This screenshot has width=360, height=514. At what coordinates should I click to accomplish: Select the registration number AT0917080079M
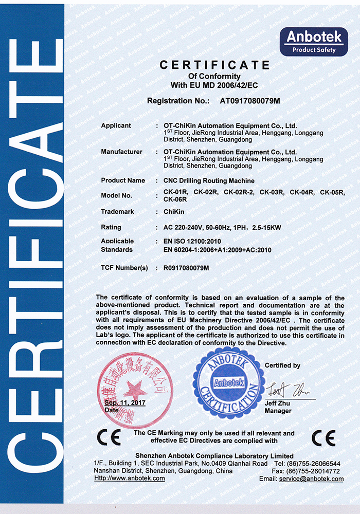[250, 101]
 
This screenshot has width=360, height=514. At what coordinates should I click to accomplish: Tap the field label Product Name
[123, 180]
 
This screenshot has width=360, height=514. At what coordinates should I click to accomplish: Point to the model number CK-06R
[174, 199]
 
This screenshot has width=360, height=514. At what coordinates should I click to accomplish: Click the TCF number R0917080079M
[186, 268]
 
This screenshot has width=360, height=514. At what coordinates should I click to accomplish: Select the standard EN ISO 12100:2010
[192, 241]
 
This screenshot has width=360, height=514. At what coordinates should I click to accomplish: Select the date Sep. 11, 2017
[125, 403]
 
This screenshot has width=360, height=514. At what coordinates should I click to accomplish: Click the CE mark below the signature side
[324, 437]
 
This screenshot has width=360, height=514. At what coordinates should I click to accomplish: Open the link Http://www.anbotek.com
[130, 478]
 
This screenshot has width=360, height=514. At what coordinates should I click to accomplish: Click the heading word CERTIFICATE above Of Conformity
[214, 65]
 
